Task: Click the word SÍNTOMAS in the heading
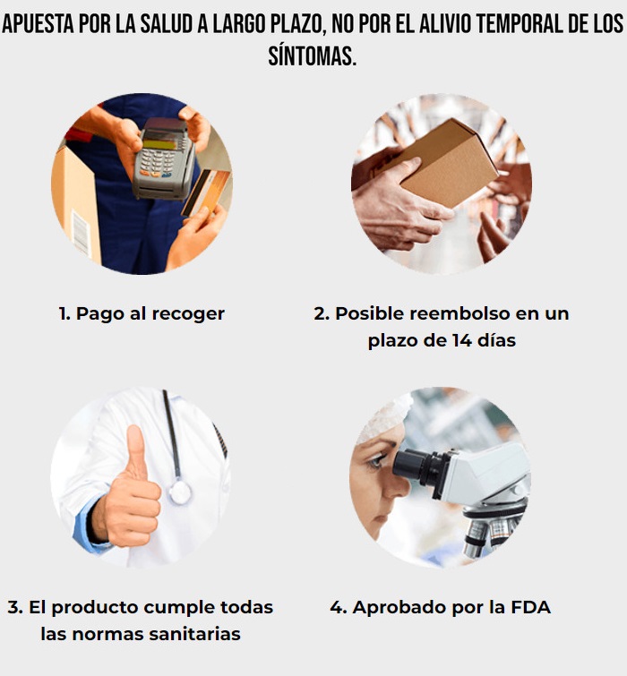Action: click(x=313, y=56)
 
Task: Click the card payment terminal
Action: click(x=163, y=160)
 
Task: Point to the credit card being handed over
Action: click(x=206, y=192)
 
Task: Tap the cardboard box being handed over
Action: click(x=449, y=163)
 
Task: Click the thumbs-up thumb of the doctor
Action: click(x=137, y=452)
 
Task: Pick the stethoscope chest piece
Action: click(x=179, y=492)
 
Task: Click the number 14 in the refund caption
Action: click(x=461, y=340)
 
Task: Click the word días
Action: click(x=496, y=340)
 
